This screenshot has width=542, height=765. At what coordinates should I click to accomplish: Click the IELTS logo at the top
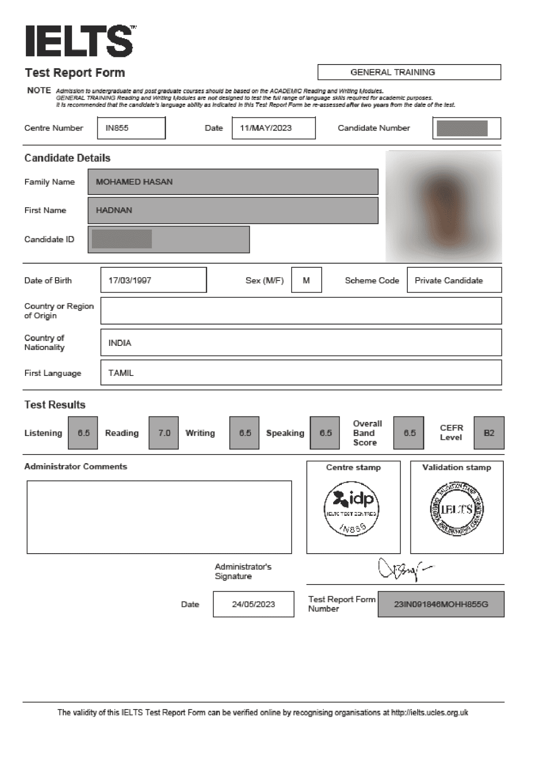pos(79,41)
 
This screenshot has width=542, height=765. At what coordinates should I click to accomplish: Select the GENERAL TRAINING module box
pos(409,72)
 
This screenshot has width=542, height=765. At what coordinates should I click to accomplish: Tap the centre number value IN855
pos(117,128)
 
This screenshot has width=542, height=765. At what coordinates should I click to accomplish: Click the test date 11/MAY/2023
pos(266,128)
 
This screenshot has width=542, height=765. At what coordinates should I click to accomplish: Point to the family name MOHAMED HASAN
pos(134,182)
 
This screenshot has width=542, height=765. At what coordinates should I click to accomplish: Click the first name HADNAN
pos(114,210)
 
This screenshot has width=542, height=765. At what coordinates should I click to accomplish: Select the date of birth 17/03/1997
pos(130,280)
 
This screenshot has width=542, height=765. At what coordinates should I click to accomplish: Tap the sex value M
pos(306,280)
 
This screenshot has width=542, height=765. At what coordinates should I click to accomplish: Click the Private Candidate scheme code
pos(449,280)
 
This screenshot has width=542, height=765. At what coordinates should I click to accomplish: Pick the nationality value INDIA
pos(120,343)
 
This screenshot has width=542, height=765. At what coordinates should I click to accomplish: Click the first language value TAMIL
pos(121,373)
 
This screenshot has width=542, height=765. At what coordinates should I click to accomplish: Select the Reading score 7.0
pos(164,433)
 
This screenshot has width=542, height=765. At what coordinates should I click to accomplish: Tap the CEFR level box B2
pos(489,433)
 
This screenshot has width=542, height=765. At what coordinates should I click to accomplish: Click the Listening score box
pos(83,433)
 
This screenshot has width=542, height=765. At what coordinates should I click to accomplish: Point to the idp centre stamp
pos(351,508)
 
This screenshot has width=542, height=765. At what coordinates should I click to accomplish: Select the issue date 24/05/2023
pos(253,605)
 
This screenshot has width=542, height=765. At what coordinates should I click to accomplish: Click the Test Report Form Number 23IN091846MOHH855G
pos(441,605)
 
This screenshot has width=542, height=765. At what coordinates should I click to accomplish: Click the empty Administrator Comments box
pos(159,517)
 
